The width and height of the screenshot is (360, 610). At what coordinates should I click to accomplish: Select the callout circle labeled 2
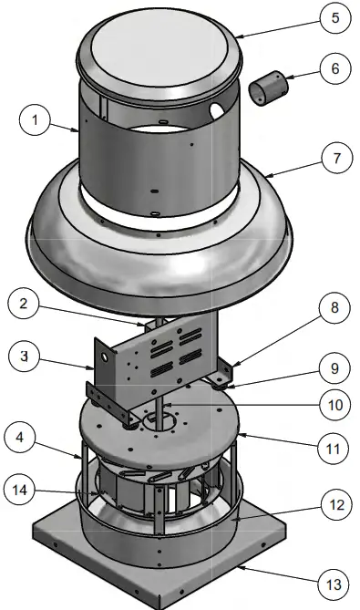coord(32,304)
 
